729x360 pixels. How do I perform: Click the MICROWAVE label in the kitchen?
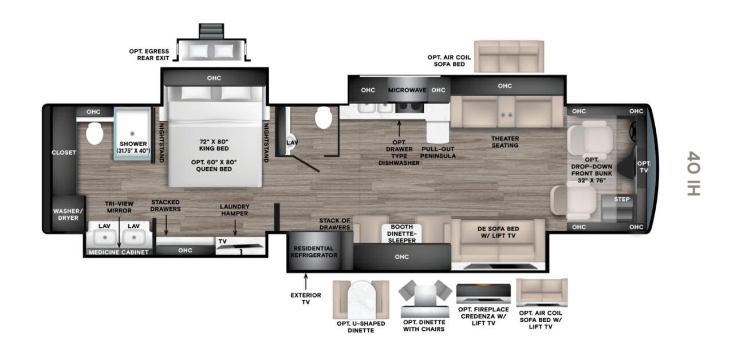(x=407, y=90)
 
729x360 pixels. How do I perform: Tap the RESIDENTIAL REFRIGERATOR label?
(x=314, y=252)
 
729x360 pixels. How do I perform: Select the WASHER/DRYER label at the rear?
(x=68, y=214)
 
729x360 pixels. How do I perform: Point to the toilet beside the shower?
(x=94, y=133)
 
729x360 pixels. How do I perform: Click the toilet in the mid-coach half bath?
(x=324, y=117)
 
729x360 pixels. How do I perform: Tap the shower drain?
(x=132, y=133)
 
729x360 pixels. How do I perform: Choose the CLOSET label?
(x=64, y=152)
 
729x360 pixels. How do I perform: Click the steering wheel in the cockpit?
(x=633, y=132)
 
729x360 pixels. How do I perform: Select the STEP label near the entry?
(x=621, y=199)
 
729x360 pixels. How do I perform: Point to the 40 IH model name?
(x=693, y=173)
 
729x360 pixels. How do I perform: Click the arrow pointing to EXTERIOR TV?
(x=306, y=281)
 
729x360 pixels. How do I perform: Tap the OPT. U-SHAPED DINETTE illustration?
(x=361, y=299)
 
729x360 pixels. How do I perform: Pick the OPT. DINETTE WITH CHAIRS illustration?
(x=425, y=299)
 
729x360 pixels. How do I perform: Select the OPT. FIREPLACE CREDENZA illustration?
(x=483, y=294)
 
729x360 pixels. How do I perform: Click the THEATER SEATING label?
(x=505, y=142)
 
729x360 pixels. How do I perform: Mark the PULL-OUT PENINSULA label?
(x=438, y=152)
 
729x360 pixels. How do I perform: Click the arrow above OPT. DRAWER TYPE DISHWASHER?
(x=399, y=128)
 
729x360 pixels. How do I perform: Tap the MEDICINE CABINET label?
(x=119, y=252)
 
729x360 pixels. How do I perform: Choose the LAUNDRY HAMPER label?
(x=235, y=210)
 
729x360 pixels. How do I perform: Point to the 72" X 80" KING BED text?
(x=214, y=145)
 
